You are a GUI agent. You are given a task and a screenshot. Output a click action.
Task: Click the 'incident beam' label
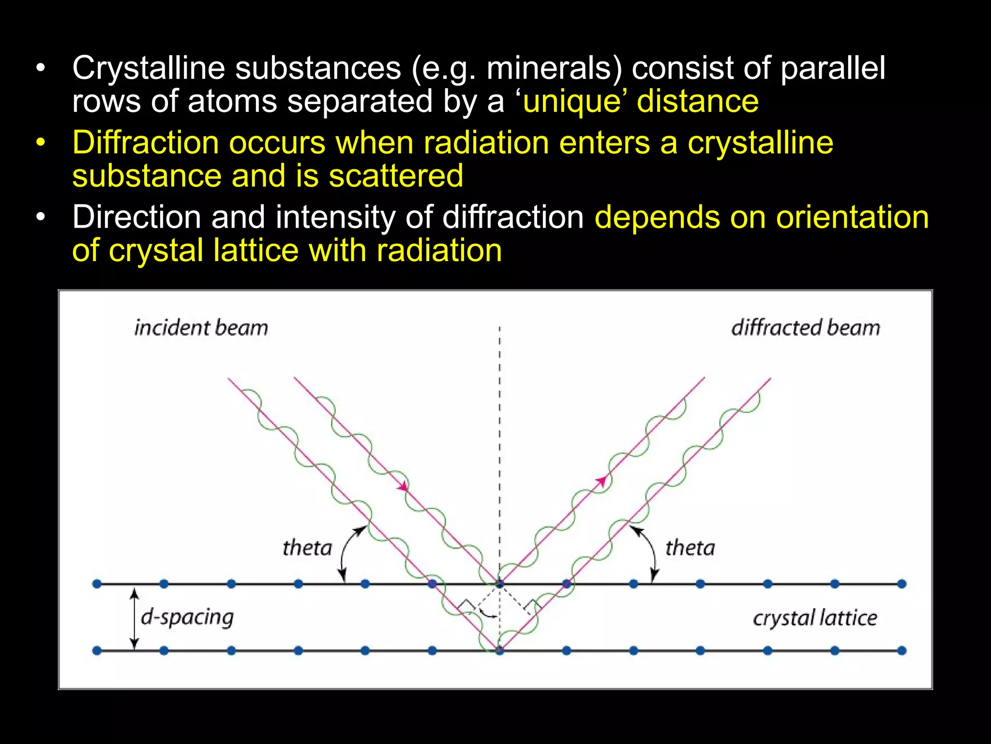[201, 328]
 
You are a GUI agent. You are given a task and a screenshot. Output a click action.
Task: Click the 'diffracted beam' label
[805, 328]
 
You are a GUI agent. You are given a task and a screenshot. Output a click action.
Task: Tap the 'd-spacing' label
[187, 618]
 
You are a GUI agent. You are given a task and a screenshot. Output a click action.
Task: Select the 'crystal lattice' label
[815, 618]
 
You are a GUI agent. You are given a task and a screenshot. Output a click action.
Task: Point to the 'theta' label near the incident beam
[307, 548]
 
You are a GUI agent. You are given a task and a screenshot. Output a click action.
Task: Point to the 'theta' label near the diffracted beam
[690, 548]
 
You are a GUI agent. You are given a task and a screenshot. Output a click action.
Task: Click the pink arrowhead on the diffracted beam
[601, 480]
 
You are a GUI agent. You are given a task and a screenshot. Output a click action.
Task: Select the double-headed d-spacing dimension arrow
[135, 619]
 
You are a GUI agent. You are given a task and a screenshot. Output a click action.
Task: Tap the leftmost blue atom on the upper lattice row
[97, 584]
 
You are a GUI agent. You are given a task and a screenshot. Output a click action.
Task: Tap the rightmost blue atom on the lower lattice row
[901, 651]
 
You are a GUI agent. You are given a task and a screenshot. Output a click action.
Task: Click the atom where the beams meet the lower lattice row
[499, 651]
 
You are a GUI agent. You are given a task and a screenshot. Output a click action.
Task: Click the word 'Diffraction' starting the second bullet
[146, 143]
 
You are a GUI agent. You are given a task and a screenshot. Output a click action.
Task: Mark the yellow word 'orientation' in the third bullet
[852, 217]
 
